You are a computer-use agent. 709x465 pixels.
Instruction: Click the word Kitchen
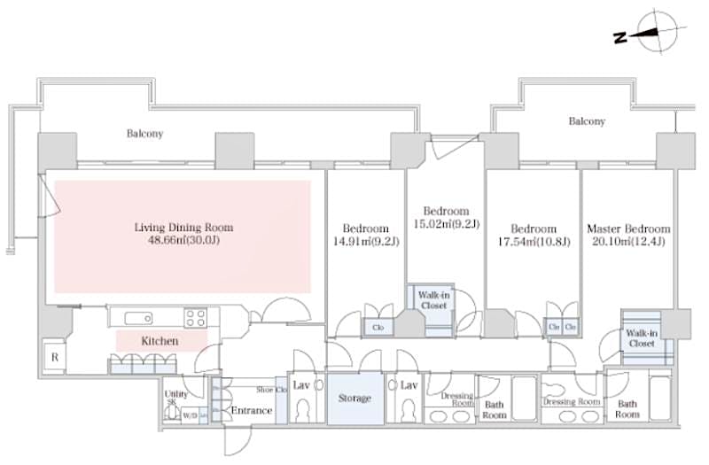pyautogui.click(x=160, y=340)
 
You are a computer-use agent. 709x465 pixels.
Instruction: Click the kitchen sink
pyautogui.click(x=138, y=319)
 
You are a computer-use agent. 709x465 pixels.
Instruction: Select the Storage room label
pyautogui.click(x=354, y=398)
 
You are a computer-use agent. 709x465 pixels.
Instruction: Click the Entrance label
pyautogui.click(x=251, y=410)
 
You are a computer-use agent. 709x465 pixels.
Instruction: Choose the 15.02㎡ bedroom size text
pyautogui.click(x=445, y=224)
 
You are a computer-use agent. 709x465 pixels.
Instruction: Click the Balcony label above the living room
pyautogui.click(x=144, y=134)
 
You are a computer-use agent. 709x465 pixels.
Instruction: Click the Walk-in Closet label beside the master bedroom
pyautogui.click(x=640, y=338)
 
